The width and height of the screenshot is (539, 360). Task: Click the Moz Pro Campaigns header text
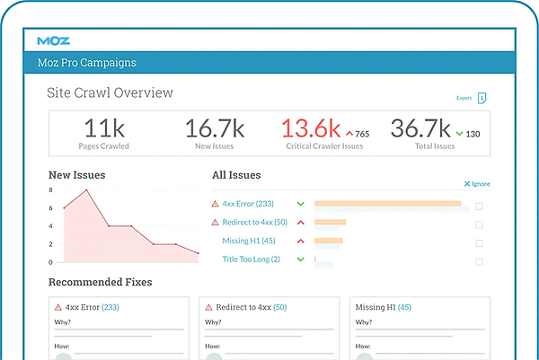(x=86, y=63)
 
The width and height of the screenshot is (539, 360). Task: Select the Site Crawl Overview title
(x=110, y=92)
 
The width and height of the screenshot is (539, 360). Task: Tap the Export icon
(x=482, y=98)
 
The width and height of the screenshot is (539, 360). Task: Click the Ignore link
(x=477, y=184)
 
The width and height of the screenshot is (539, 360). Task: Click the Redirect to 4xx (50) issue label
(x=254, y=222)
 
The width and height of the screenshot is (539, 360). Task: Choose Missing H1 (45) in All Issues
(x=249, y=241)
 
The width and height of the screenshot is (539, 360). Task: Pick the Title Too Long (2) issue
(x=251, y=259)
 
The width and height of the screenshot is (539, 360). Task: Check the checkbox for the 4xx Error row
(x=479, y=206)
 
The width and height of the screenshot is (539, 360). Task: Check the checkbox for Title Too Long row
(x=479, y=262)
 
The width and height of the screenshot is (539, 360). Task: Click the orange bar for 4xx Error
(x=387, y=204)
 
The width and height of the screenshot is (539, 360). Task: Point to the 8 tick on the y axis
(x=51, y=189)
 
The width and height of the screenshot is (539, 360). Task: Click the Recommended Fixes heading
(x=100, y=282)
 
